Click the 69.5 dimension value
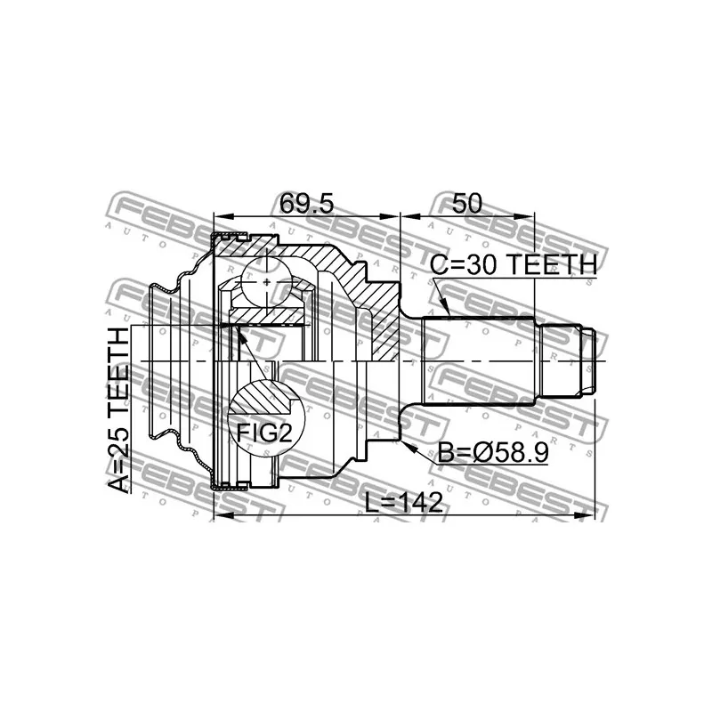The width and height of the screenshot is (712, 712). coord(306,204)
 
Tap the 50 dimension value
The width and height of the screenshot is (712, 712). coord(466,203)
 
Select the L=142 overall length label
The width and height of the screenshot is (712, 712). coord(404,503)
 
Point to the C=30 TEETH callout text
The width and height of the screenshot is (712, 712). coord(514,264)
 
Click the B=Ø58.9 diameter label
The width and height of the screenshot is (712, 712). coord(493,453)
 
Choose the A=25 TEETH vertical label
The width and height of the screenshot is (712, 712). coord(119,409)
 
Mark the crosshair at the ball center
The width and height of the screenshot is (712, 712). coord(266,282)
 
